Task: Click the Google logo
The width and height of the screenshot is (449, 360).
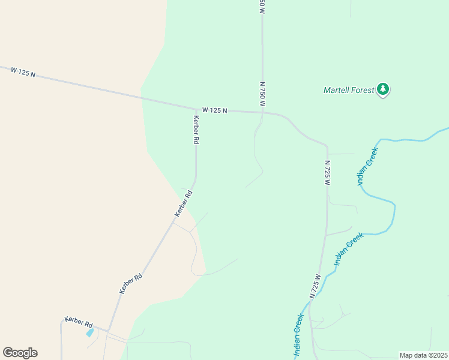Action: [x=20, y=353]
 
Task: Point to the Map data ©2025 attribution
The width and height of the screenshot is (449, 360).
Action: [x=424, y=355]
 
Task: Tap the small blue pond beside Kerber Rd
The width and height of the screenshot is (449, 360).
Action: [x=90, y=332]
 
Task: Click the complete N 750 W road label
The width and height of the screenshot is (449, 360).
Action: [x=262, y=94]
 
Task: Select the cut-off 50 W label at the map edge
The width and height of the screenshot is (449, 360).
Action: [x=262, y=6]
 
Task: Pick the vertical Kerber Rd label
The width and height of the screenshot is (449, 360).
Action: [x=196, y=129]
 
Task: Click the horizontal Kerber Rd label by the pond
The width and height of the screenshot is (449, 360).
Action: [x=78, y=322]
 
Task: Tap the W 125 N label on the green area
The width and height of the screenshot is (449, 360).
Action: [x=215, y=110]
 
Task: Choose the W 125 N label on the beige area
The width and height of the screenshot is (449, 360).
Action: [x=23, y=71]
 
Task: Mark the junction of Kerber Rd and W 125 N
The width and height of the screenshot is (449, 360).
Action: [x=196, y=107]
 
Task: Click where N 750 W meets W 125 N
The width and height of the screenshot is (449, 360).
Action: [x=262, y=112]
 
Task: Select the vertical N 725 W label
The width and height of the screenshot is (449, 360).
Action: [x=328, y=172]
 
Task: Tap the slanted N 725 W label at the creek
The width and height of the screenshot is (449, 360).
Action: [x=316, y=286]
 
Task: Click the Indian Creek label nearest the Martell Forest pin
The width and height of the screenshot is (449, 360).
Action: [x=368, y=167]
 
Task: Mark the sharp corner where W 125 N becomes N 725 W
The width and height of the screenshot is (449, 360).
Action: [x=327, y=146]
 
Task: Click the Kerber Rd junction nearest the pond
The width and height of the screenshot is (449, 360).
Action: [x=107, y=329]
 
